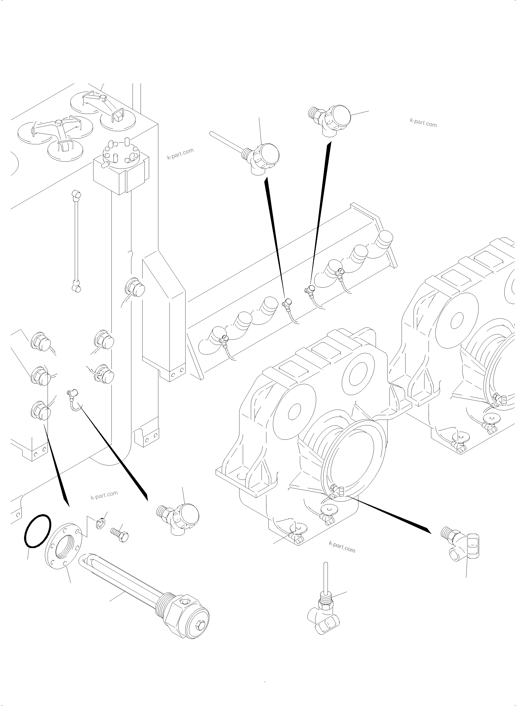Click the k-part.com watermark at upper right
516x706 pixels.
point(423,123)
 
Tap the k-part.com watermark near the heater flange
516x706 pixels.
point(104,495)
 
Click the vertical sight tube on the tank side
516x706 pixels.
point(76,242)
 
